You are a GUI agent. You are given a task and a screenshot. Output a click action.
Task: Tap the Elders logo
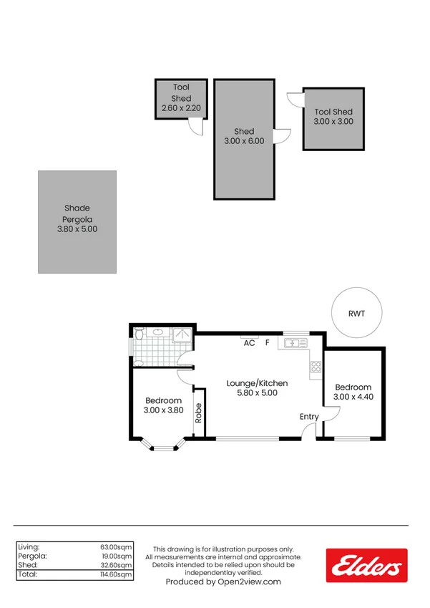[366, 566]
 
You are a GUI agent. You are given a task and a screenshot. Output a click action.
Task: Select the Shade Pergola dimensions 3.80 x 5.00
[77, 230]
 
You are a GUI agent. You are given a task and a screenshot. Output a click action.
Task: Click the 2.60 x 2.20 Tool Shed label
[181, 108]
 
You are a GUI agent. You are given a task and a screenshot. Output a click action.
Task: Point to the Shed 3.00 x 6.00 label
[244, 136]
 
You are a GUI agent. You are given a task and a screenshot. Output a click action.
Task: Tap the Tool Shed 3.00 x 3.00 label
[333, 117]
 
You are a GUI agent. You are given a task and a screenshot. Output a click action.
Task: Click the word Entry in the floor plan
[309, 417]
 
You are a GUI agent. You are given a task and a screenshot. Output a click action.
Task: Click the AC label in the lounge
[250, 344]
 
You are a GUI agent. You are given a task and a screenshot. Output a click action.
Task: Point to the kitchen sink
[295, 343]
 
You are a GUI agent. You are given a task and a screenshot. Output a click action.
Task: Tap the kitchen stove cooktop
[315, 369]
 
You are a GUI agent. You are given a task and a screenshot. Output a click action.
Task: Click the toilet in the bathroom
[140, 334]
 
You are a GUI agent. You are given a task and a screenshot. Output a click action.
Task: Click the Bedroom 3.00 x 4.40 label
[353, 392]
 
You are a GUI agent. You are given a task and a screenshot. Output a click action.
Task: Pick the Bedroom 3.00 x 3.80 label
[163, 405]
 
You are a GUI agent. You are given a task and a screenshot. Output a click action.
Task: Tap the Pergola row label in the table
[33, 556]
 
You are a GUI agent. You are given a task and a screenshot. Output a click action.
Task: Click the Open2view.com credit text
[223, 582]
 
